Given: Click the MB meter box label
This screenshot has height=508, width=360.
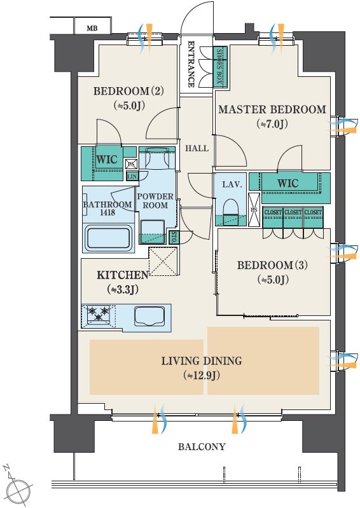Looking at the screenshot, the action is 92,29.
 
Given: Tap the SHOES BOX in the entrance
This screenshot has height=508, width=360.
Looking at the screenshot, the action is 221,67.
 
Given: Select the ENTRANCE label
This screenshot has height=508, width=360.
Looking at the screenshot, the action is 191,64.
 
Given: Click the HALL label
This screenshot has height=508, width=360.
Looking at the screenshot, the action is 197,148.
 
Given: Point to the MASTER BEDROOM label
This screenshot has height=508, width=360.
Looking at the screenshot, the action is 272,109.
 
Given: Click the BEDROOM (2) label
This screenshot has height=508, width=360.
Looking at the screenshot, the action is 128,91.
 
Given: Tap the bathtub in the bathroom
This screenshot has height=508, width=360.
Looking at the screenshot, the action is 109,240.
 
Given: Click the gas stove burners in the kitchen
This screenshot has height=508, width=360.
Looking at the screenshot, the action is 99,314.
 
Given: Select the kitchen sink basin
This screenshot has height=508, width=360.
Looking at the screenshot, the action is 149,315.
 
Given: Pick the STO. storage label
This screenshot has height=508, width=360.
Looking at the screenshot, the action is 174,237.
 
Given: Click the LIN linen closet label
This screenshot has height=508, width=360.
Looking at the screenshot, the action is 132,177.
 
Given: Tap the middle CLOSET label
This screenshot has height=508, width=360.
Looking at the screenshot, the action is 293,212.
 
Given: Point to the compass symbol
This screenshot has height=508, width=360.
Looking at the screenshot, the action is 20,489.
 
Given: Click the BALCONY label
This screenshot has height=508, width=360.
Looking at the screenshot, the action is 202,447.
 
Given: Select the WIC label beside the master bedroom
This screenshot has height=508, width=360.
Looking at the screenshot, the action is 287,183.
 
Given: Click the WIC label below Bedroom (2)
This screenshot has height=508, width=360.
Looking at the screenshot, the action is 107,160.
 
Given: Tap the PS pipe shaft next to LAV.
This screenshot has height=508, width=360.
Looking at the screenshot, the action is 254,210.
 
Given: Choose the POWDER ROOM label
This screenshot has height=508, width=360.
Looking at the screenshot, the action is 155,201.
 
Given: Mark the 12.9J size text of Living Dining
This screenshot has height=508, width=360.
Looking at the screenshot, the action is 202,376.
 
